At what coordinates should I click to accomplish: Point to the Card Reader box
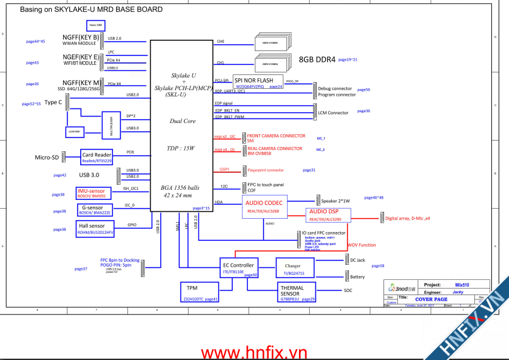(x=97, y=157)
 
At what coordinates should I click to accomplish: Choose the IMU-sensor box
(x=94, y=193)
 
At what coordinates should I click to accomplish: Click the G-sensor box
(x=94, y=209)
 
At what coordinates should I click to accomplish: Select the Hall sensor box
(x=96, y=228)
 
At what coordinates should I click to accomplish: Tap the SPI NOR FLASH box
(x=258, y=83)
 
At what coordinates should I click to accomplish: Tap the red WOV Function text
(x=361, y=245)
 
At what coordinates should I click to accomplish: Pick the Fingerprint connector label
(x=266, y=170)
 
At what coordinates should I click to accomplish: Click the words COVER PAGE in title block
(x=432, y=298)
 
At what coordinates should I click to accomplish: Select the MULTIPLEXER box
(x=112, y=125)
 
